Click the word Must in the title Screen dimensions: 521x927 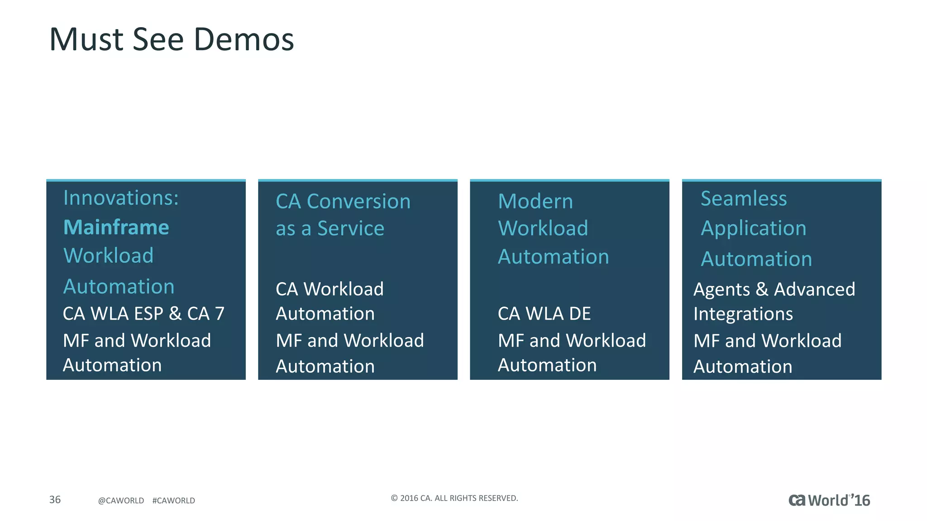[x=86, y=40]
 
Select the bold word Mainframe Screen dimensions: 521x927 [x=116, y=227]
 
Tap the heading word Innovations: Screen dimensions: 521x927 [x=121, y=198]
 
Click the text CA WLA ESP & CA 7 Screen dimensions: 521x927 [x=143, y=314]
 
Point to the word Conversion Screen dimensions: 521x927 [x=358, y=202]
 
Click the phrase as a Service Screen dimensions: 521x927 [x=330, y=229]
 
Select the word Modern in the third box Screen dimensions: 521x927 [x=535, y=202]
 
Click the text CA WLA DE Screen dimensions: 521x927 [x=544, y=314]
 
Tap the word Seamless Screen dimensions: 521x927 [x=744, y=199]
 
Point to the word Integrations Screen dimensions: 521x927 [x=743, y=314]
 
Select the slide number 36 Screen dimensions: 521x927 [x=55, y=500]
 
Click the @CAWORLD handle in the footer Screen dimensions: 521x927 [x=121, y=501]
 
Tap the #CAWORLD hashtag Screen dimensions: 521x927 [x=173, y=501]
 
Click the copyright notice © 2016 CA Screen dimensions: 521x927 [x=454, y=498]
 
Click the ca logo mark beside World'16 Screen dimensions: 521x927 [x=797, y=500]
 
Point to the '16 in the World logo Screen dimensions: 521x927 [x=860, y=500]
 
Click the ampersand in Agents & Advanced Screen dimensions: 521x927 [x=762, y=289]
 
